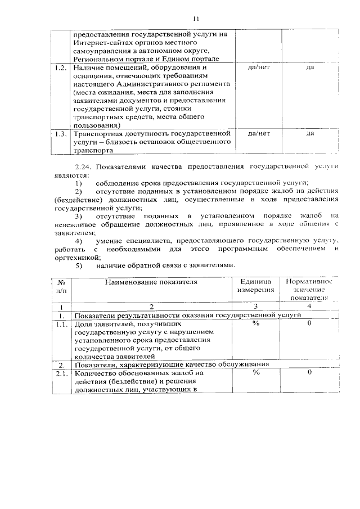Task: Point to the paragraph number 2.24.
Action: [x=84, y=167]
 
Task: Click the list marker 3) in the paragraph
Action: [x=79, y=216]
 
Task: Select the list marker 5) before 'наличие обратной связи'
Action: [x=79, y=265]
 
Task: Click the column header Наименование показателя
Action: [x=150, y=282]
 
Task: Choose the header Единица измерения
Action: [x=255, y=286]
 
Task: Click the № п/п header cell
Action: [x=61, y=286]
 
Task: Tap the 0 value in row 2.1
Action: [x=310, y=372]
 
